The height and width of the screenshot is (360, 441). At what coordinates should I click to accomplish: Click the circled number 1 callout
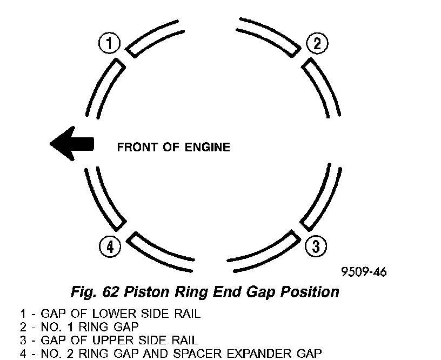[x=110, y=43]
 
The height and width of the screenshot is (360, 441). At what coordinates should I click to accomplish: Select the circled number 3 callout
[x=316, y=246]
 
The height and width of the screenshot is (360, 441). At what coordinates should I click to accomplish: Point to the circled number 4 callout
[x=110, y=247]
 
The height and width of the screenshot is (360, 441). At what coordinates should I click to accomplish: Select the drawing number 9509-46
[x=363, y=272]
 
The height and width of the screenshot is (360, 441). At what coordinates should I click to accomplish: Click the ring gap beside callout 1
[x=126, y=56]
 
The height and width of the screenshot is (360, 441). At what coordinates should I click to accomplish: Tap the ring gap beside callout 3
[x=299, y=230]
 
